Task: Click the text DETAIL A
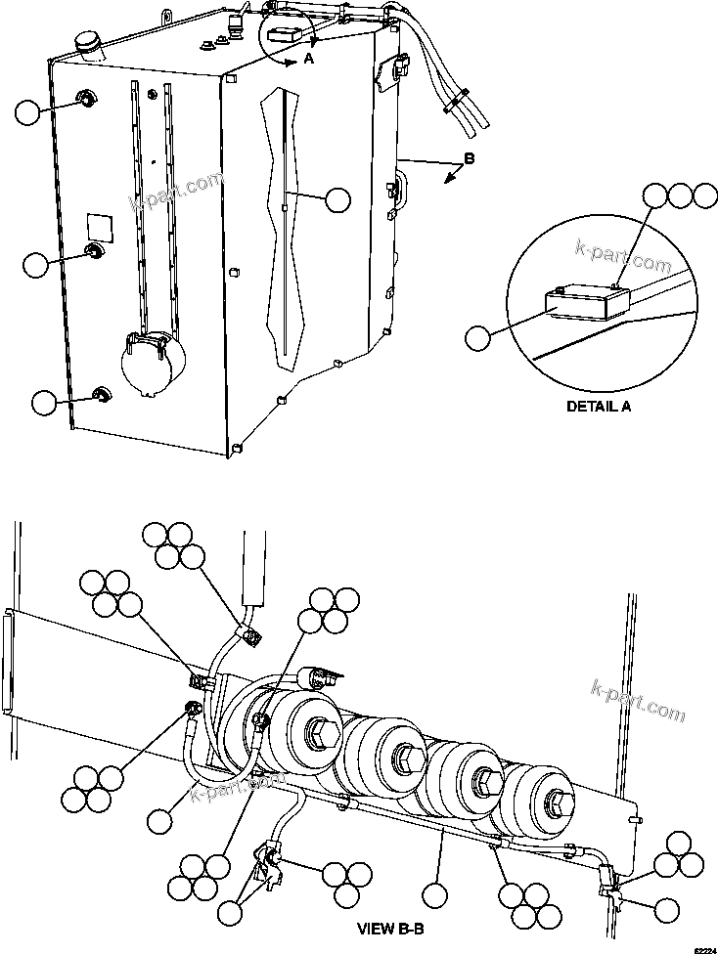[599, 407]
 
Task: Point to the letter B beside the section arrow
[470, 158]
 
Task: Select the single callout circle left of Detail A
[477, 338]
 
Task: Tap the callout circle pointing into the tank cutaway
[337, 199]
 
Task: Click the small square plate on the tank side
[99, 226]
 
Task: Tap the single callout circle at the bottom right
[668, 910]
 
